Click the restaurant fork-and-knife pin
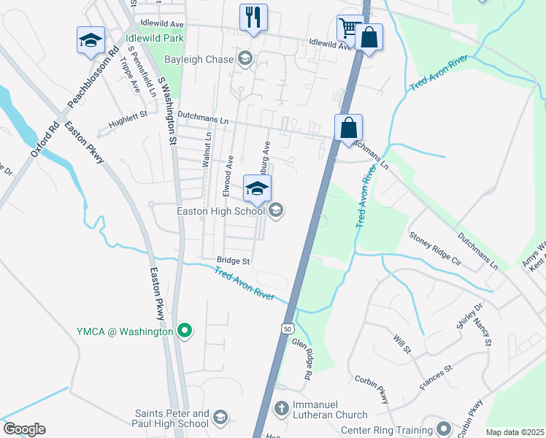point(253,17)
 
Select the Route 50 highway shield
point(289,329)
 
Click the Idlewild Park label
point(154,37)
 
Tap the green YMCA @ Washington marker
point(185,331)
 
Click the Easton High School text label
point(220,212)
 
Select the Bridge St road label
point(234,261)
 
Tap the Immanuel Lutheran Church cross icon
point(282,407)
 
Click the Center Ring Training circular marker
point(442,427)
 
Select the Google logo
point(24,429)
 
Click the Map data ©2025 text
point(515,432)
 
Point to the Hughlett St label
point(128,115)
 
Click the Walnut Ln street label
point(207,150)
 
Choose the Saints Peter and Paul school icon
point(220,418)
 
